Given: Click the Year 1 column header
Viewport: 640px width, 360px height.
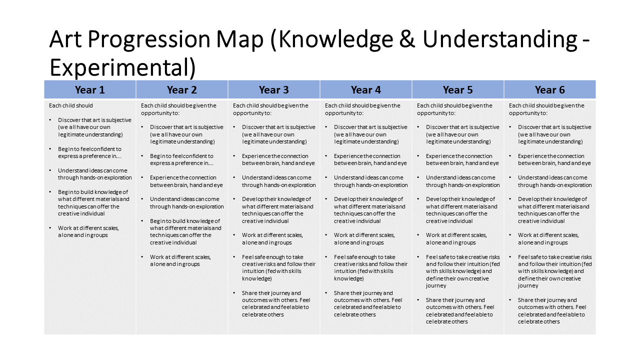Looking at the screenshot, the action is (x=89, y=89).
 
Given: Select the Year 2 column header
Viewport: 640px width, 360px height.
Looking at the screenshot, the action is (x=182, y=89).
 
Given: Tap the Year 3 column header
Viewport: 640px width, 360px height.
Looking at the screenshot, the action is (x=273, y=89).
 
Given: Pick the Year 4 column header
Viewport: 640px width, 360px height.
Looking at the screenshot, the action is (x=365, y=89).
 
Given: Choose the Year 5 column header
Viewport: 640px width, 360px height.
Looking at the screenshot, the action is (x=457, y=89).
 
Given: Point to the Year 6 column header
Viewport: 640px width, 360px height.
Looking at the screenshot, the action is (x=549, y=89).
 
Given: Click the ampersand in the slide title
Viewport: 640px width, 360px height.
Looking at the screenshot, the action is (x=407, y=39).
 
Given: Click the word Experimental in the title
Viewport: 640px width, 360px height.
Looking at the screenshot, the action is (x=119, y=67).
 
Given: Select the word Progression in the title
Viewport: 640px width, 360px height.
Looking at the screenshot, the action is (x=149, y=40).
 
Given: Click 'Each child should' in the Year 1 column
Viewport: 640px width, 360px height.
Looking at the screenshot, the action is (x=71, y=105).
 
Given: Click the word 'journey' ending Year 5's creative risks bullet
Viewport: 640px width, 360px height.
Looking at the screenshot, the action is (x=435, y=285).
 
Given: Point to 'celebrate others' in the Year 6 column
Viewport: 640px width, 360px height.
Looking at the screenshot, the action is (x=538, y=321).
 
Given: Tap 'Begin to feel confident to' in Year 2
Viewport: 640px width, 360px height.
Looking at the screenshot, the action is (x=181, y=156).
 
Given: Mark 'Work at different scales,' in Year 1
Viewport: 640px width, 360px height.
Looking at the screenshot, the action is (x=88, y=228).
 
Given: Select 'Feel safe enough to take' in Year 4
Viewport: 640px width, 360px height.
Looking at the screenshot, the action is (x=364, y=257).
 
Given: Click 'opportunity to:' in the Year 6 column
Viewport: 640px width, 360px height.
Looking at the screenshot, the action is (x=528, y=113).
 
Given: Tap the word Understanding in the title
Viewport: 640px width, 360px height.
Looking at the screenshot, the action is (x=500, y=40).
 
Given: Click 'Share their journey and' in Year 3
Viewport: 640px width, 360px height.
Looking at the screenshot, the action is (x=271, y=293).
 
